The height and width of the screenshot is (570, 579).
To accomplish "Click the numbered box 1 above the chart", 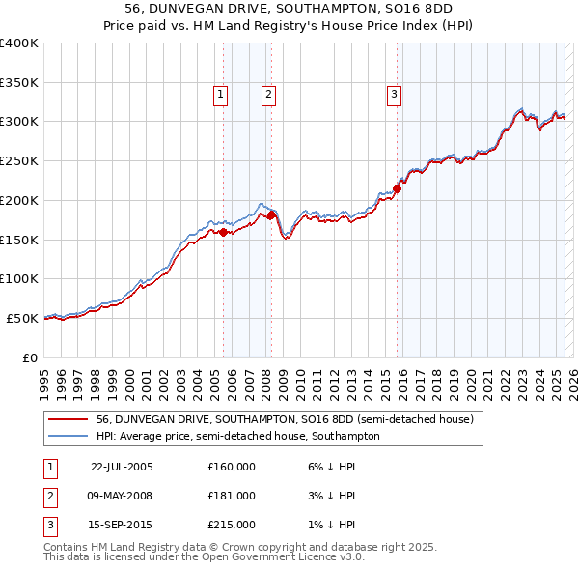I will [x=221, y=94].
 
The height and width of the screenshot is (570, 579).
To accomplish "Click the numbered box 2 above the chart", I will [x=267, y=94].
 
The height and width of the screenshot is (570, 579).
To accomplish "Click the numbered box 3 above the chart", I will [x=395, y=94].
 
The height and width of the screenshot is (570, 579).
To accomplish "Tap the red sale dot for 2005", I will [x=224, y=232].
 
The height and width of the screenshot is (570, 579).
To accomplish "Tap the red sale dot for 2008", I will [x=271, y=214].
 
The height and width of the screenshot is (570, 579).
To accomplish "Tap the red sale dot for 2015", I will [x=397, y=188].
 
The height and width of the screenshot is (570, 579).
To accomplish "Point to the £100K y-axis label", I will [x=19, y=278].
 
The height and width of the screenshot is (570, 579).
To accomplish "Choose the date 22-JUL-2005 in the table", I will [x=122, y=467].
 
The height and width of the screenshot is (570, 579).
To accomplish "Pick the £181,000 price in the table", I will [x=231, y=496].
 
